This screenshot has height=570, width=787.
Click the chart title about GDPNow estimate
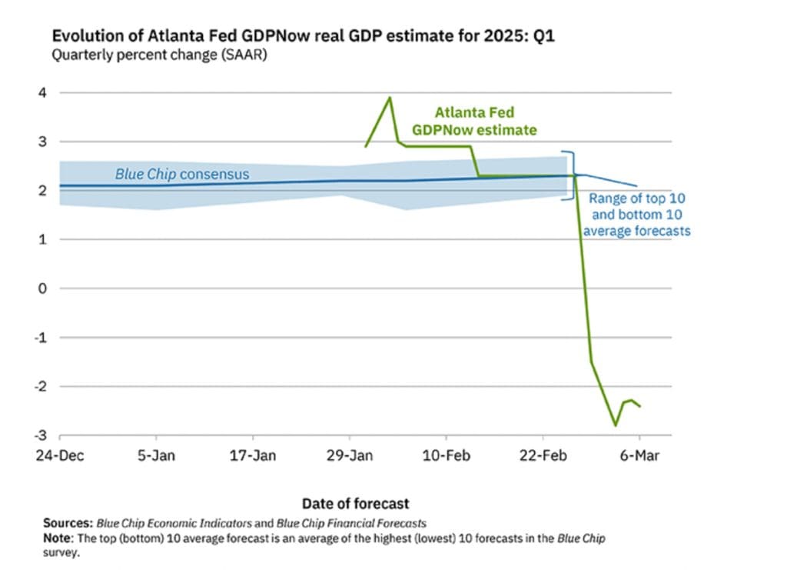point(302,36)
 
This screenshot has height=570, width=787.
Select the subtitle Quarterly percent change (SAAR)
point(159,55)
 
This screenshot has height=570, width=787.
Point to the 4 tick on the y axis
point(43,92)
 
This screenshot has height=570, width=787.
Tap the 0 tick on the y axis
point(43,288)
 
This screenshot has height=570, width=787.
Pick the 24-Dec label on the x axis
point(61,455)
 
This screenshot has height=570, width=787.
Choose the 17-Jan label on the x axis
point(254,455)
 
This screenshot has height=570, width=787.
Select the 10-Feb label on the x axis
point(447,455)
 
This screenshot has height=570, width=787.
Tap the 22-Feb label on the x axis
point(543,455)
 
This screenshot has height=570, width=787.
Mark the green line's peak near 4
point(390,98)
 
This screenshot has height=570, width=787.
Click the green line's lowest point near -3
point(615,425)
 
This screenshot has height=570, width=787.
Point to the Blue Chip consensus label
point(182,175)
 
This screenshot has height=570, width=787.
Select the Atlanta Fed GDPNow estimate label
point(474,122)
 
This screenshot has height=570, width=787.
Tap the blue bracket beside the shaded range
point(570,175)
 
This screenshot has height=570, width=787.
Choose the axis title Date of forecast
point(355,504)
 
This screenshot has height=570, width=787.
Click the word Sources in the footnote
point(66,523)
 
